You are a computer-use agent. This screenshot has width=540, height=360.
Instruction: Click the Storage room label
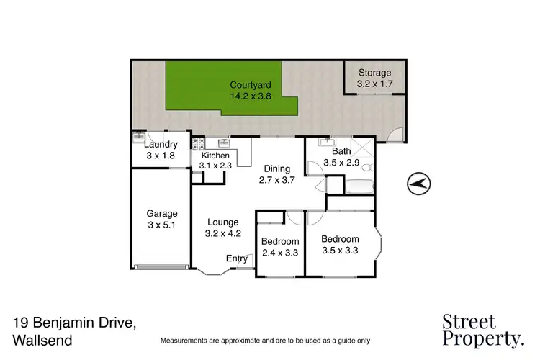point(374,73)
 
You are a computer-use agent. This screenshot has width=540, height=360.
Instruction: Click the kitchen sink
point(223,143)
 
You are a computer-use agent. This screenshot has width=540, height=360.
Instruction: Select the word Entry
point(236,258)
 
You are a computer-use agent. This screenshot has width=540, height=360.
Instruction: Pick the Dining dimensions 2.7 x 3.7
point(277,180)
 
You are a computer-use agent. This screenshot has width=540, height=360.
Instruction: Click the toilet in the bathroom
point(366,168)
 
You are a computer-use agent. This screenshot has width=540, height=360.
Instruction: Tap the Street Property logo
point(483,330)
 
